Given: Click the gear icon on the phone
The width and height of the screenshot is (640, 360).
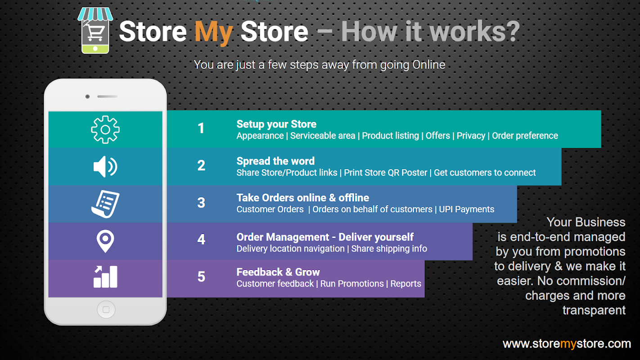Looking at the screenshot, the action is tap(105, 130).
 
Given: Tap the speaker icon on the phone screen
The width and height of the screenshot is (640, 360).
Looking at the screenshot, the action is tap(105, 166).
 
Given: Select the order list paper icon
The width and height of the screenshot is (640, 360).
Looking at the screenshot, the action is tap(105, 204).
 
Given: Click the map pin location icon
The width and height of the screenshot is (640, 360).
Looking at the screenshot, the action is tap(105, 241).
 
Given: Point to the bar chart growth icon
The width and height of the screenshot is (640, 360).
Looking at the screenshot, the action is tap(105, 277).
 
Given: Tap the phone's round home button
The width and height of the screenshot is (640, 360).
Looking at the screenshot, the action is tap(106, 310).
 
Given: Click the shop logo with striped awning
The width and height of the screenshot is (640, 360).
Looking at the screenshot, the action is tap(95, 31).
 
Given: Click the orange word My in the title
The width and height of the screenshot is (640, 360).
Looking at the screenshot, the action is tap(214, 32).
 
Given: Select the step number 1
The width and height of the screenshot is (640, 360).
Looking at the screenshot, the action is tap(201, 128).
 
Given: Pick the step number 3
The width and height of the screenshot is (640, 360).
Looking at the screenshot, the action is tap(201, 202).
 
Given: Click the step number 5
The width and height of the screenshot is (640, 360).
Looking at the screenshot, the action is tap(201, 277).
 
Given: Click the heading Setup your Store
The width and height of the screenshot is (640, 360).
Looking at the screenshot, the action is tap(276, 124).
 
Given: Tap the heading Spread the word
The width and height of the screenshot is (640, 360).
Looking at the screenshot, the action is tap(275, 161).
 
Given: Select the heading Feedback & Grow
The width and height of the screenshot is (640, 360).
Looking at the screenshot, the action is tap(278, 272).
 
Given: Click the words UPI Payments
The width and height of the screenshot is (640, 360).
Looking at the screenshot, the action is tap(467, 209).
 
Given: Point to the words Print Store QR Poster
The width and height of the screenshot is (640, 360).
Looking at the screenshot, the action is tap(385, 172).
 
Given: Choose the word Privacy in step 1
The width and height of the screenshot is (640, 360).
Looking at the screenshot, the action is tap(471, 136).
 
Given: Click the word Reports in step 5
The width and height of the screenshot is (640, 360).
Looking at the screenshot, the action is tap(406, 283).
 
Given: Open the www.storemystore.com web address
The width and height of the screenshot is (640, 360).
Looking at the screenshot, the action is tap(567, 344).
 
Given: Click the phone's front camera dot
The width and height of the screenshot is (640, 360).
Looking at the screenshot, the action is tap(87, 97).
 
